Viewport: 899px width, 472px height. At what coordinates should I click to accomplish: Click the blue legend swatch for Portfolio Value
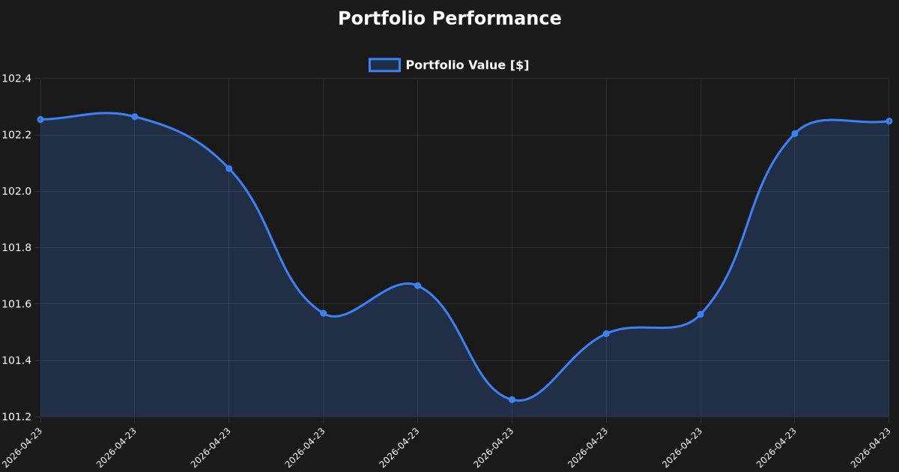[384, 65]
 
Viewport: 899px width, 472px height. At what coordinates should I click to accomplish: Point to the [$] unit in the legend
[519, 65]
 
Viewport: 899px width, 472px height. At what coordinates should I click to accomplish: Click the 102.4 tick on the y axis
[16, 79]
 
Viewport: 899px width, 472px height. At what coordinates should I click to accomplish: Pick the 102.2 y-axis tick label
[16, 135]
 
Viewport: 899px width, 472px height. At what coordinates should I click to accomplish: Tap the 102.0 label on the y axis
[16, 191]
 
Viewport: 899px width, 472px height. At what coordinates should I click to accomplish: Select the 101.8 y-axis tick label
[16, 248]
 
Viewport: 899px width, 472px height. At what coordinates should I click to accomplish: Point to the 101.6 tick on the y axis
[16, 304]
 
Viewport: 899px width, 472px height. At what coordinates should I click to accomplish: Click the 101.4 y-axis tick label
[16, 360]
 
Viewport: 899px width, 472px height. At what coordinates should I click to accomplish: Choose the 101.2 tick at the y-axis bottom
[16, 417]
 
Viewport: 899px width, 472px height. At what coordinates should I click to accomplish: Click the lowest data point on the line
[512, 399]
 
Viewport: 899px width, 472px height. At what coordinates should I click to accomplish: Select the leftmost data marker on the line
[40, 120]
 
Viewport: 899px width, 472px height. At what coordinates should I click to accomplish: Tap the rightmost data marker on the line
[889, 121]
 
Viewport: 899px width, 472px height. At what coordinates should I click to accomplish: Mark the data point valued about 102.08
[228, 169]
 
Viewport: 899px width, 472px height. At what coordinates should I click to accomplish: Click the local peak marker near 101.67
[417, 285]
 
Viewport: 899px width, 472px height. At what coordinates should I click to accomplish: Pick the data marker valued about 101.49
[606, 333]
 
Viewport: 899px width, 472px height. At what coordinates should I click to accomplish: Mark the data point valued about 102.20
[794, 133]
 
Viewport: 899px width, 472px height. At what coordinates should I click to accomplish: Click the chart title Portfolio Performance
[449, 19]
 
